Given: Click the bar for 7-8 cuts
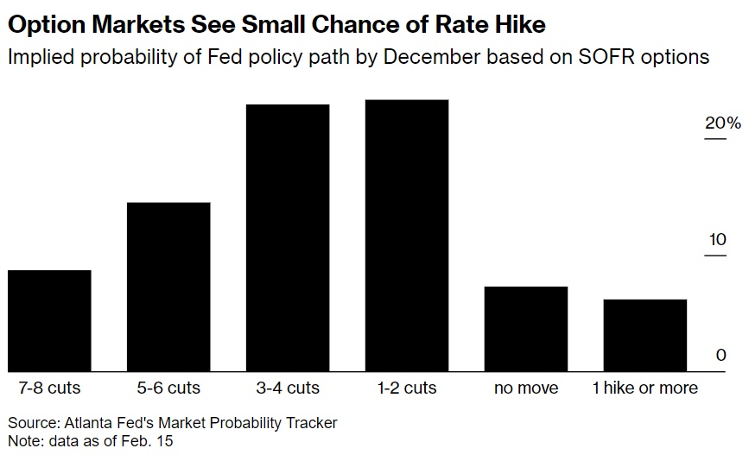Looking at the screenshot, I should (x=49, y=320).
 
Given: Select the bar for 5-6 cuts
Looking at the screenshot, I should (x=168, y=287).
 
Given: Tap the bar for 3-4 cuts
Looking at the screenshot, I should (x=288, y=237).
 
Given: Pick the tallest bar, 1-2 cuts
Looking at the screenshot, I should (x=407, y=236).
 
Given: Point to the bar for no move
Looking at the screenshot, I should (x=526, y=329).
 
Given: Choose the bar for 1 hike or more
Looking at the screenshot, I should (x=645, y=335).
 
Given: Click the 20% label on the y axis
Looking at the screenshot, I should (x=722, y=123).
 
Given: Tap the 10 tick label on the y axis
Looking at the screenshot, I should (x=717, y=239).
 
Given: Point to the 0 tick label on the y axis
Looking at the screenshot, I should (x=720, y=355).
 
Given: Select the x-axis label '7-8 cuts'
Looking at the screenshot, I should (x=49, y=388).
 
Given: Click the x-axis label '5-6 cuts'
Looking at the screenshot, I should (x=168, y=388).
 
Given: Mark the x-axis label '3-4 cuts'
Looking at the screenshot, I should (x=288, y=388).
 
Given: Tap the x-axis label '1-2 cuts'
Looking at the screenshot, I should (x=407, y=388).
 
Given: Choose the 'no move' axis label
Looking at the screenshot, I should (x=526, y=388).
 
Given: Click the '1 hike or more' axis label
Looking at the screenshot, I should (x=645, y=388).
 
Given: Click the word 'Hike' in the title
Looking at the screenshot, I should (x=513, y=23).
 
